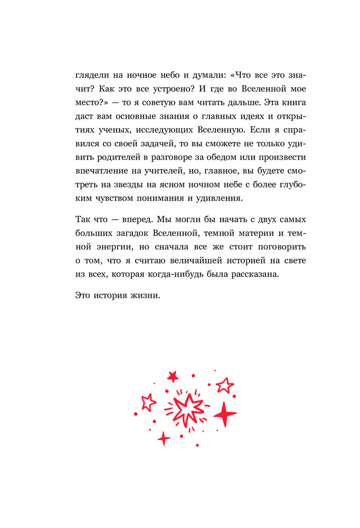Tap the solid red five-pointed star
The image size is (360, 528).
173,376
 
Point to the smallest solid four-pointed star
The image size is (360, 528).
164,438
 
